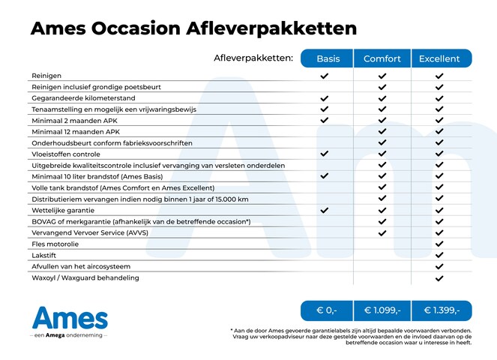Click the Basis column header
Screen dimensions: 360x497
coord(328,58)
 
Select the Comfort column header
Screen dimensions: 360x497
coord(382,58)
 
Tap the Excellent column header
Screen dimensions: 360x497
coord(440,58)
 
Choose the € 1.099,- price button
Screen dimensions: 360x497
coord(382,310)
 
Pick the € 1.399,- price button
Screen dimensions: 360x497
coord(441,310)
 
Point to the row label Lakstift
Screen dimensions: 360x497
coord(45,255)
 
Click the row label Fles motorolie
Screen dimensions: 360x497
coord(55,244)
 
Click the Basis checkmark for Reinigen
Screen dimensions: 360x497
coord(325,76)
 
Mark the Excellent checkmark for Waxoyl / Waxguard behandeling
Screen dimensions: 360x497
coord(440,278)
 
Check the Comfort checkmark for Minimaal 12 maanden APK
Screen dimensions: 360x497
coord(382,132)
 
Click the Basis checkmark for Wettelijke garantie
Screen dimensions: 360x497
coord(325,211)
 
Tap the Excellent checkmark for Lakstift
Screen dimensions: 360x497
coord(440,256)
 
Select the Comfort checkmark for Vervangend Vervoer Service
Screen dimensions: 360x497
coord(382,233)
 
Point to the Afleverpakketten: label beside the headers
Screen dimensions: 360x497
coord(253,58)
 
